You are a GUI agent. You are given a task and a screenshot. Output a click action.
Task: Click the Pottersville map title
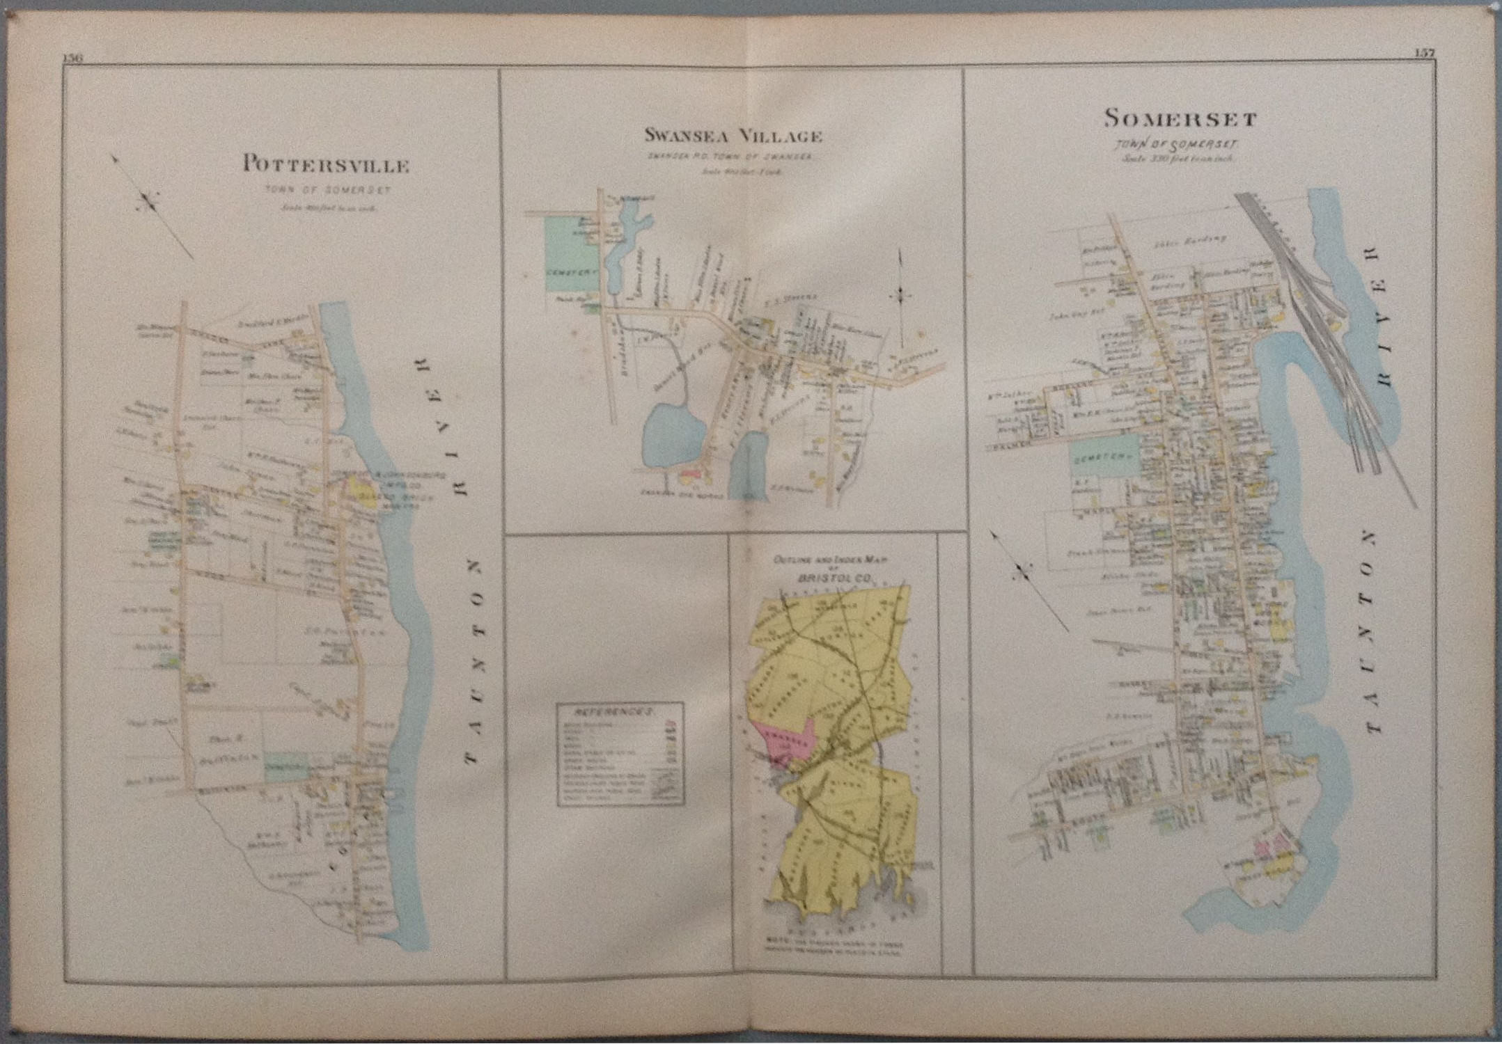click(x=325, y=166)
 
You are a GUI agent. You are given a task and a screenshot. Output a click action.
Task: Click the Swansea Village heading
click(x=733, y=136)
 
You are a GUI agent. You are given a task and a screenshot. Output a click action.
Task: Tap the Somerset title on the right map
click(x=1180, y=119)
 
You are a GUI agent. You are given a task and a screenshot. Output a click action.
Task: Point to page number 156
click(x=73, y=58)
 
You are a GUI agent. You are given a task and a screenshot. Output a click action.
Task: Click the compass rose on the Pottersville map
click(x=148, y=203)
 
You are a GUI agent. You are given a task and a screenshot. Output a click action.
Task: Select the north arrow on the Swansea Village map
click(x=900, y=296)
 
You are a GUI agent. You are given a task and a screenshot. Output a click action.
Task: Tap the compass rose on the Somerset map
click(x=1022, y=572)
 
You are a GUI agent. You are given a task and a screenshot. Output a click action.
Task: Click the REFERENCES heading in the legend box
click(x=613, y=713)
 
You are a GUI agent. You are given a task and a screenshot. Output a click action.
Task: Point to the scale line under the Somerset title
click(x=1180, y=159)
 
